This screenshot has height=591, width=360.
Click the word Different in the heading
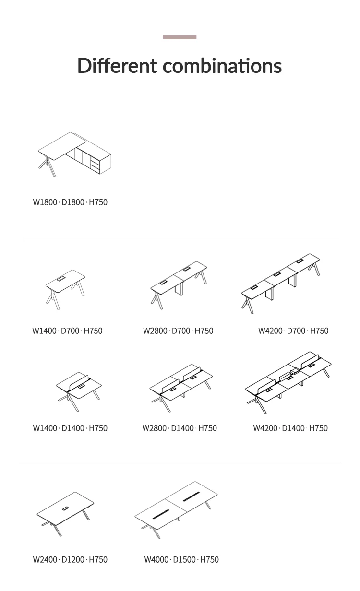click(117, 65)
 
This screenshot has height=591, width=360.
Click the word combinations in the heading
click(222, 65)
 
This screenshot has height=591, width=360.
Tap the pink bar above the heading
click(180, 37)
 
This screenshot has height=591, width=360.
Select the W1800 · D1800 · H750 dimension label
click(70, 202)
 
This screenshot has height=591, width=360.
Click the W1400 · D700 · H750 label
click(67, 331)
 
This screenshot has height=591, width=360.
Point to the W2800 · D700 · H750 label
click(178, 331)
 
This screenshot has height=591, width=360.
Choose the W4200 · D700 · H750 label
click(293, 331)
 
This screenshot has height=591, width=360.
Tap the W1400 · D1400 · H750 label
click(70, 428)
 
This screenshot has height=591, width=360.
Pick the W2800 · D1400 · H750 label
click(180, 428)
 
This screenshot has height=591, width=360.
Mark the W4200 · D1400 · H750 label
click(290, 428)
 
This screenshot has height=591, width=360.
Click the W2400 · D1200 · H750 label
click(70, 560)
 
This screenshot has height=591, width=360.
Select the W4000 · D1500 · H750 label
click(181, 560)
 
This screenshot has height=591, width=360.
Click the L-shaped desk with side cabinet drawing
click(74, 154)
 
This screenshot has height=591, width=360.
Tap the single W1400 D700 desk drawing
click(65, 290)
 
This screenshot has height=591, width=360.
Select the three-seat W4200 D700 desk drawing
click(280, 284)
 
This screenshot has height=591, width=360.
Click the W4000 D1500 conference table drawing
click(176, 510)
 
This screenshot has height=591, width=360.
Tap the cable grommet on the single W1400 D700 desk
click(61, 278)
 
